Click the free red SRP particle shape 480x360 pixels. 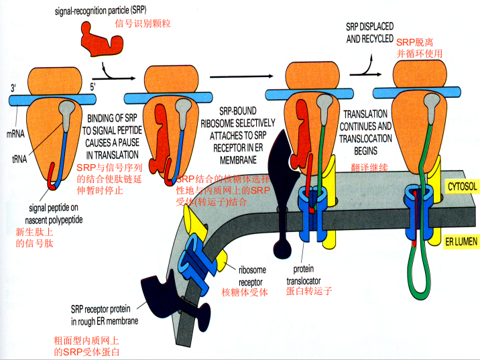101,40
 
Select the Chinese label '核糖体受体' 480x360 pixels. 245,292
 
